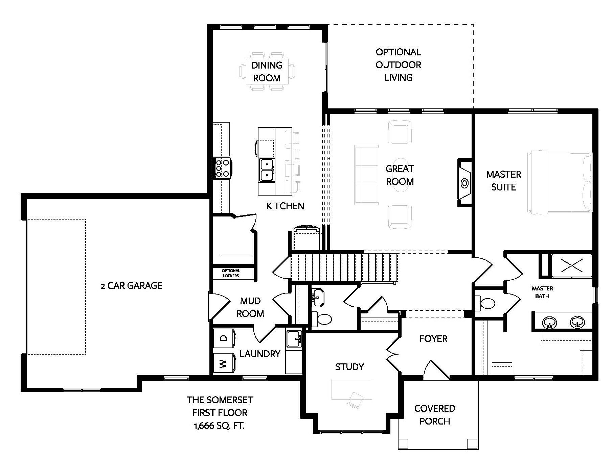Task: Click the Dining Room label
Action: tap(267, 71)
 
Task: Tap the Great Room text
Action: tap(400, 175)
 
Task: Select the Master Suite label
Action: tap(503, 181)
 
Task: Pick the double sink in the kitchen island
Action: tap(267, 170)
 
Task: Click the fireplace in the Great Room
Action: tap(465, 182)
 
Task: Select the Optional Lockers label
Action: tap(231, 273)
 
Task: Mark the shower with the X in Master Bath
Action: tap(571, 265)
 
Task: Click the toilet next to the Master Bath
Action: tap(485, 303)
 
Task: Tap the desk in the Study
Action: tap(352, 389)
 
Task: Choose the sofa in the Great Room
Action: tap(366, 175)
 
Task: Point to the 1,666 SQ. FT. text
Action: tap(219, 426)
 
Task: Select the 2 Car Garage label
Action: tap(132, 286)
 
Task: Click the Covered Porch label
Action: tap(435, 415)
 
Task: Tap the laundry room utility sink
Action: tap(294, 339)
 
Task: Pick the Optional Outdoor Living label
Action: tap(399, 65)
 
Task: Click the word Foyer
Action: tap(433, 339)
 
